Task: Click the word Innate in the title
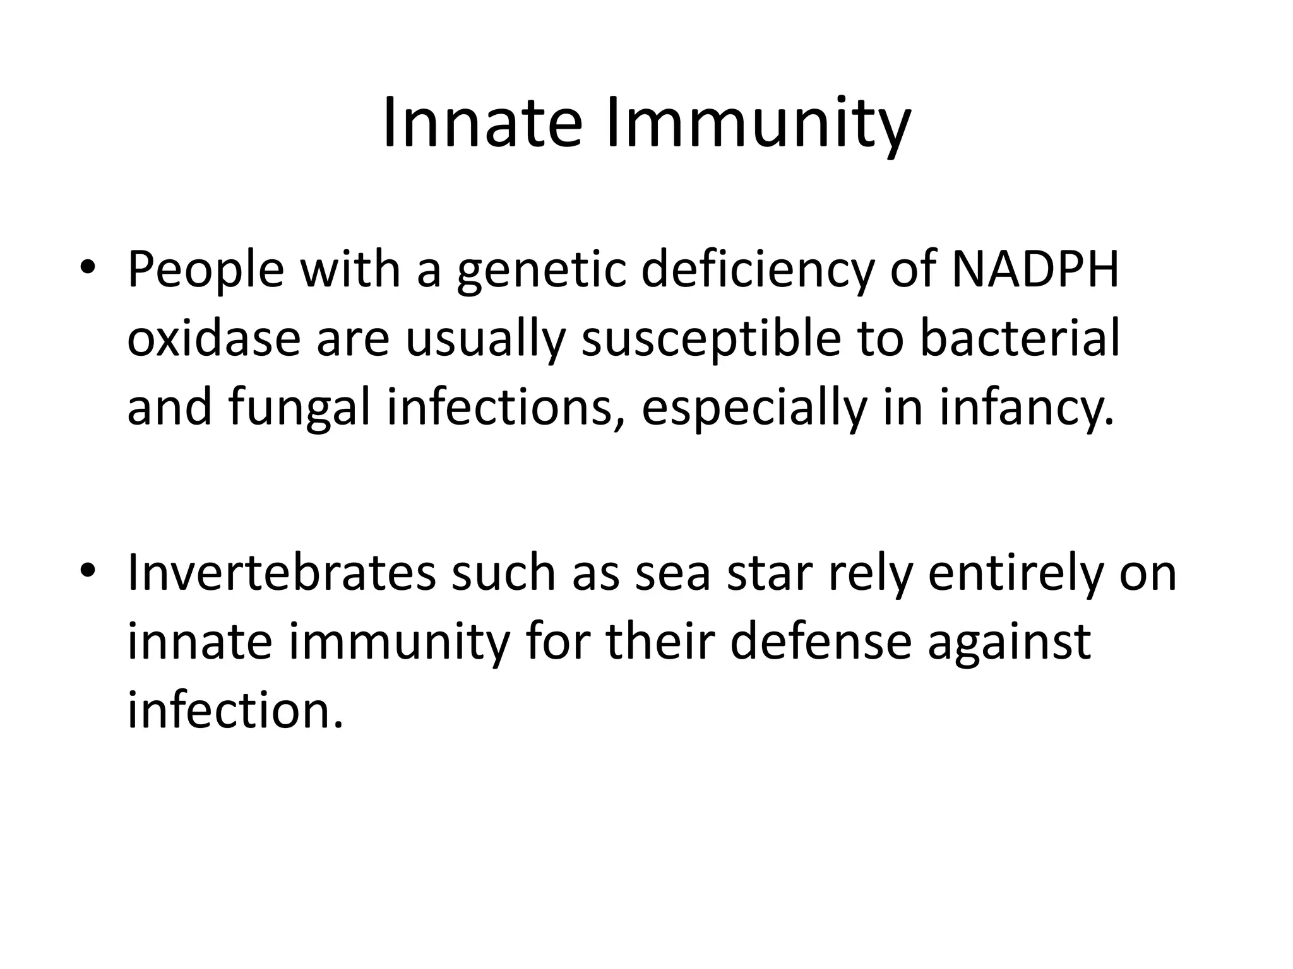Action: pyautogui.click(x=481, y=123)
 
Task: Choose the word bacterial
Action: pyautogui.click(x=1019, y=339)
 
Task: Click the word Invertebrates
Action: pyautogui.click(x=282, y=573)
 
